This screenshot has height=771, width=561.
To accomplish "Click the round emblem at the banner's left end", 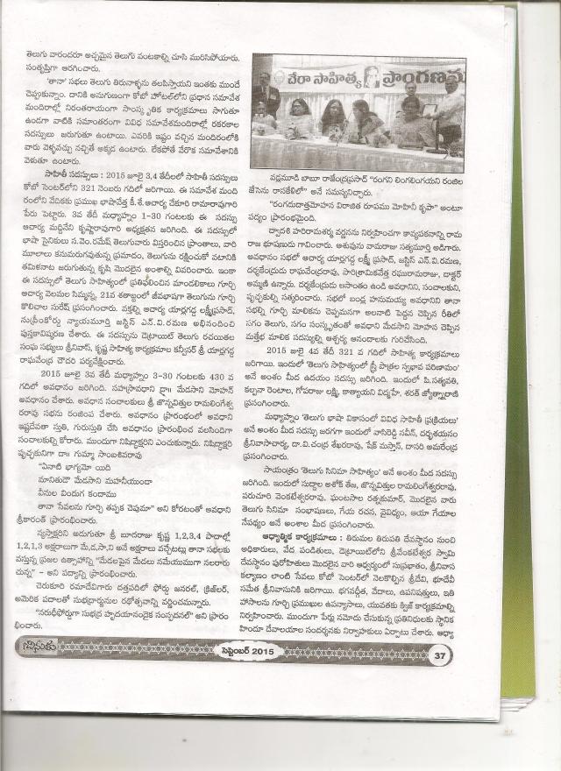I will [279, 77].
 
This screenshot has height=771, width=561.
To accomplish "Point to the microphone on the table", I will [341, 131].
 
